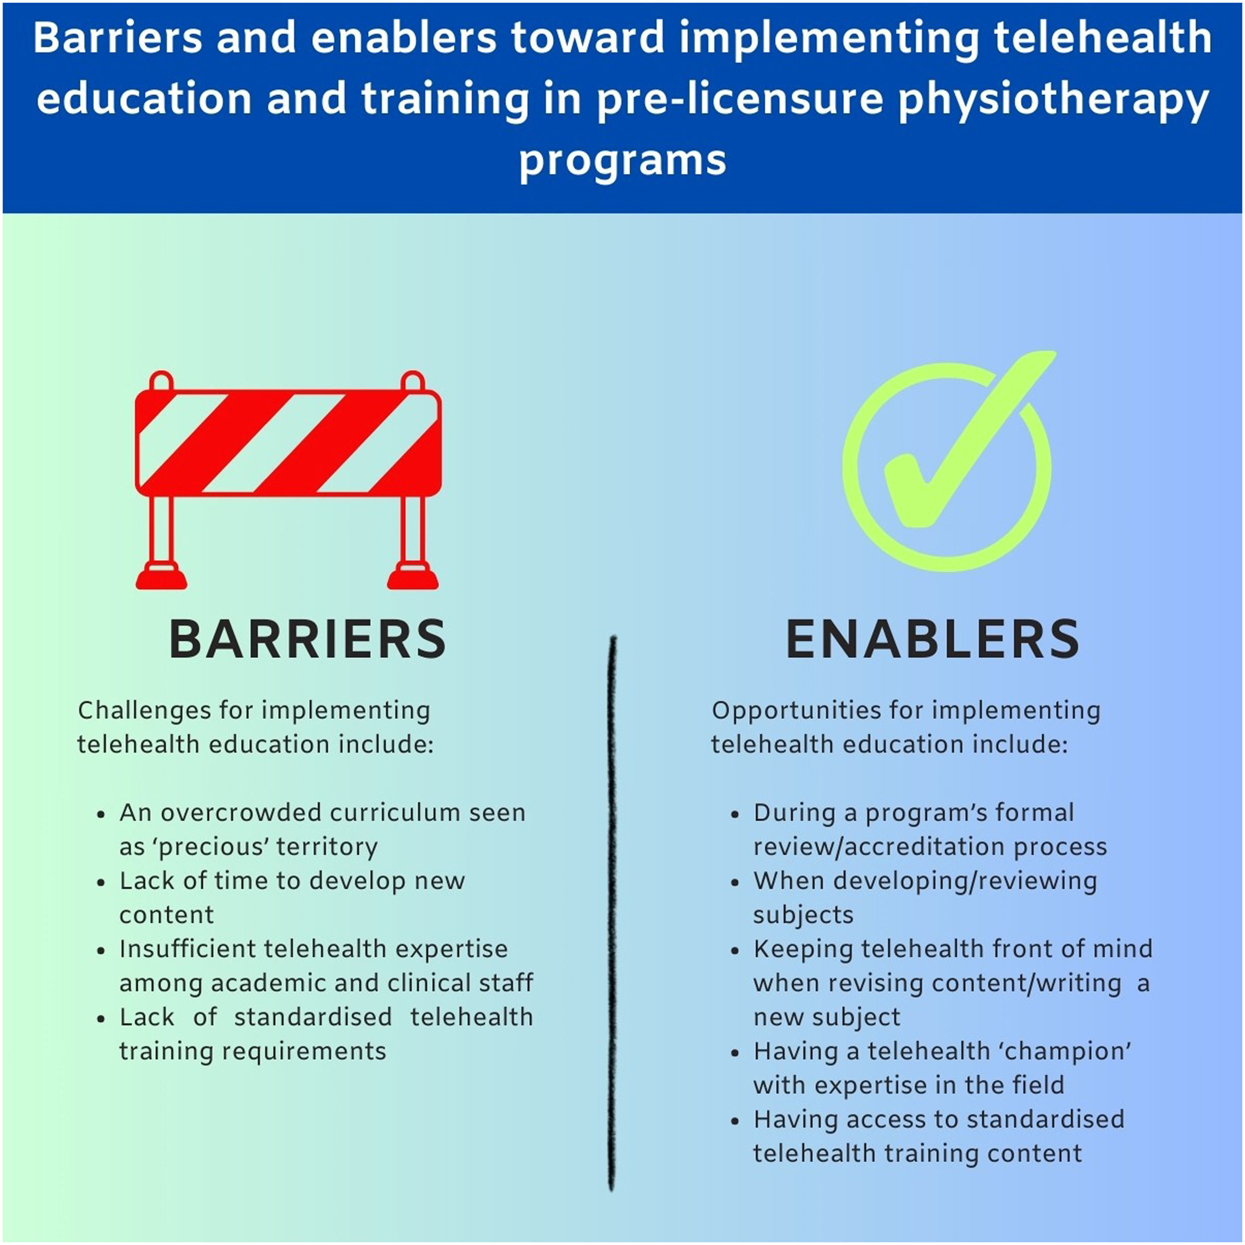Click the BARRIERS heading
(307, 639)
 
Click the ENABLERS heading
(932, 639)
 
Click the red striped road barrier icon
(288, 445)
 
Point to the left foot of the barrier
(161, 576)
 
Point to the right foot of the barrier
(412, 576)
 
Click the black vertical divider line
(612, 902)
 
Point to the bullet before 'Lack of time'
(101, 882)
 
